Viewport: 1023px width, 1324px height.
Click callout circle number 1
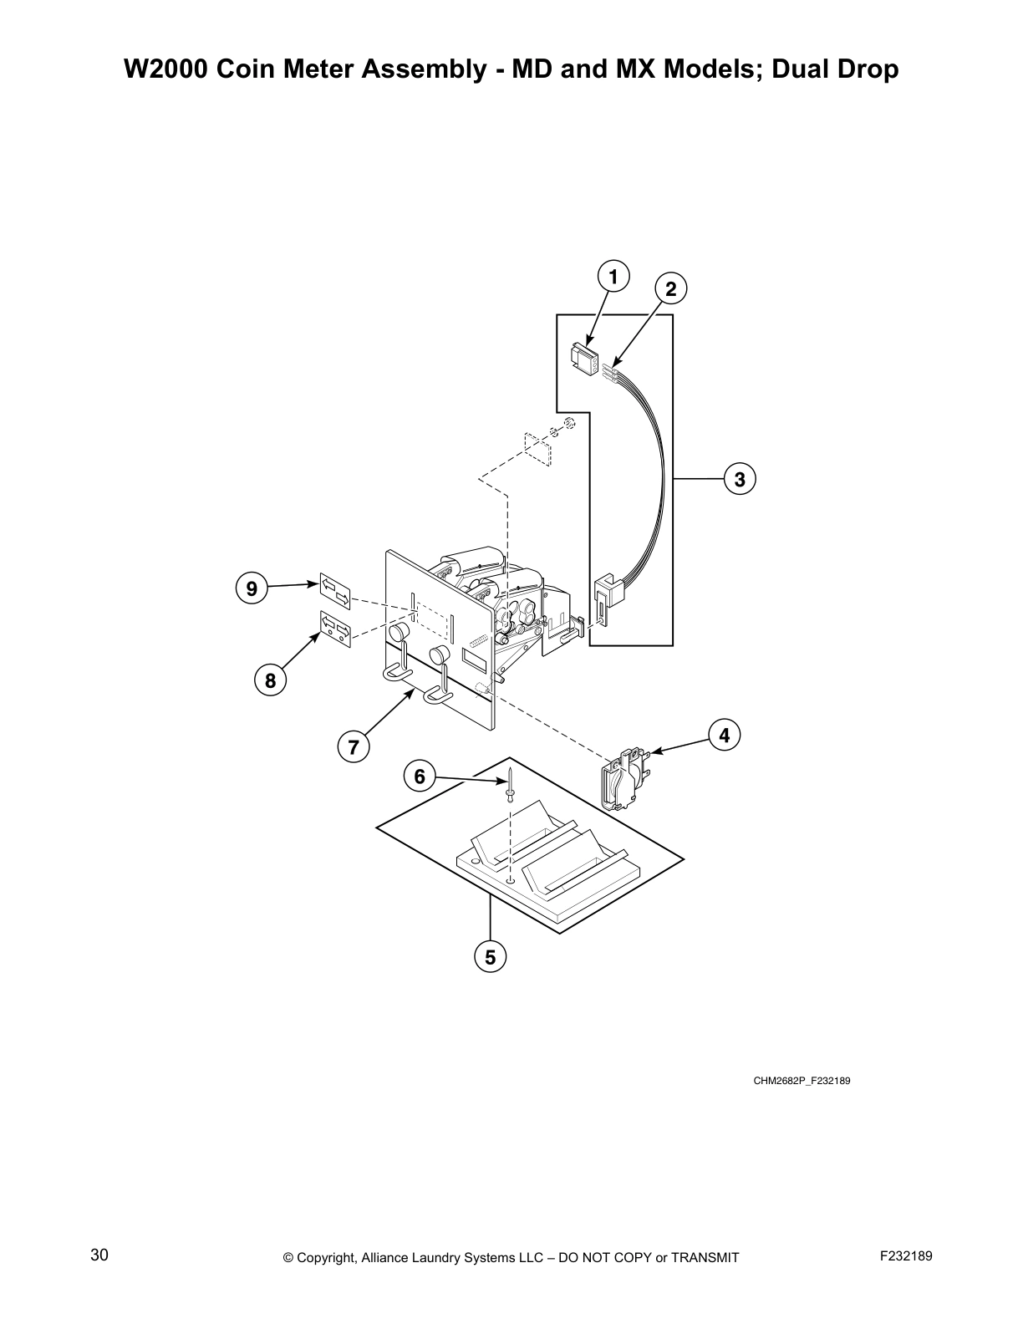613,277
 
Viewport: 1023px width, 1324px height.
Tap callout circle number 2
670,289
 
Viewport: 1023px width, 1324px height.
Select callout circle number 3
740,480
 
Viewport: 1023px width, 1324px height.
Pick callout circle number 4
724,735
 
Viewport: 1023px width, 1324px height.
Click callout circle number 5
490,957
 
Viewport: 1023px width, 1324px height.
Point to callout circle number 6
420,777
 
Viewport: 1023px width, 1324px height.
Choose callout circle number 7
354,746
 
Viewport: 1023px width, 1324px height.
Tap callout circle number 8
270,680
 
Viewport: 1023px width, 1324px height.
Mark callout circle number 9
251,588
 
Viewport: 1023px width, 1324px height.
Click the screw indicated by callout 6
509,784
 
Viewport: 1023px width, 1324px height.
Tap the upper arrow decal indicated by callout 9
335,590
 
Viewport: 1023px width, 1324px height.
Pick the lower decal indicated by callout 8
335,629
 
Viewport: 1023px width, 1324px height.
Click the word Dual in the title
804,69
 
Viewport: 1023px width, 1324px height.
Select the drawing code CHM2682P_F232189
802,1081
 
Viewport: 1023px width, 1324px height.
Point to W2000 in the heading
165,69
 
